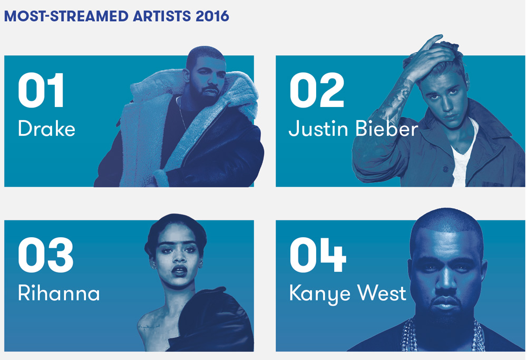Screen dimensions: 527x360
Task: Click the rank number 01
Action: point(41,90)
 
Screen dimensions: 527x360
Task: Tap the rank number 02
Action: point(317,90)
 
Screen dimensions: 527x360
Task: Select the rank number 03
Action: point(46,255)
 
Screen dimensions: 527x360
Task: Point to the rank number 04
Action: point(318,255)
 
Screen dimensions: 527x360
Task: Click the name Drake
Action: point(46,129)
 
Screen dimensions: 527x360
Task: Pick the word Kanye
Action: point(320,294)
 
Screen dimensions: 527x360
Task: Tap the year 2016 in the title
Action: point(212,16)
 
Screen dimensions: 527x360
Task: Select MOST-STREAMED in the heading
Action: point(66,16)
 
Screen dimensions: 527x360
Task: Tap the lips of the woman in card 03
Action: point(179,270)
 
